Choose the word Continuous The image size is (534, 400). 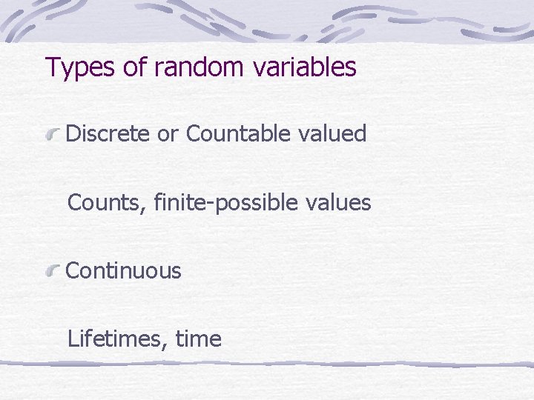(123, 271)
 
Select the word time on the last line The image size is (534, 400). (198, 339)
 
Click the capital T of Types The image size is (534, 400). (53, 67)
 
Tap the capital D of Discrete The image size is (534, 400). (73, 134)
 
